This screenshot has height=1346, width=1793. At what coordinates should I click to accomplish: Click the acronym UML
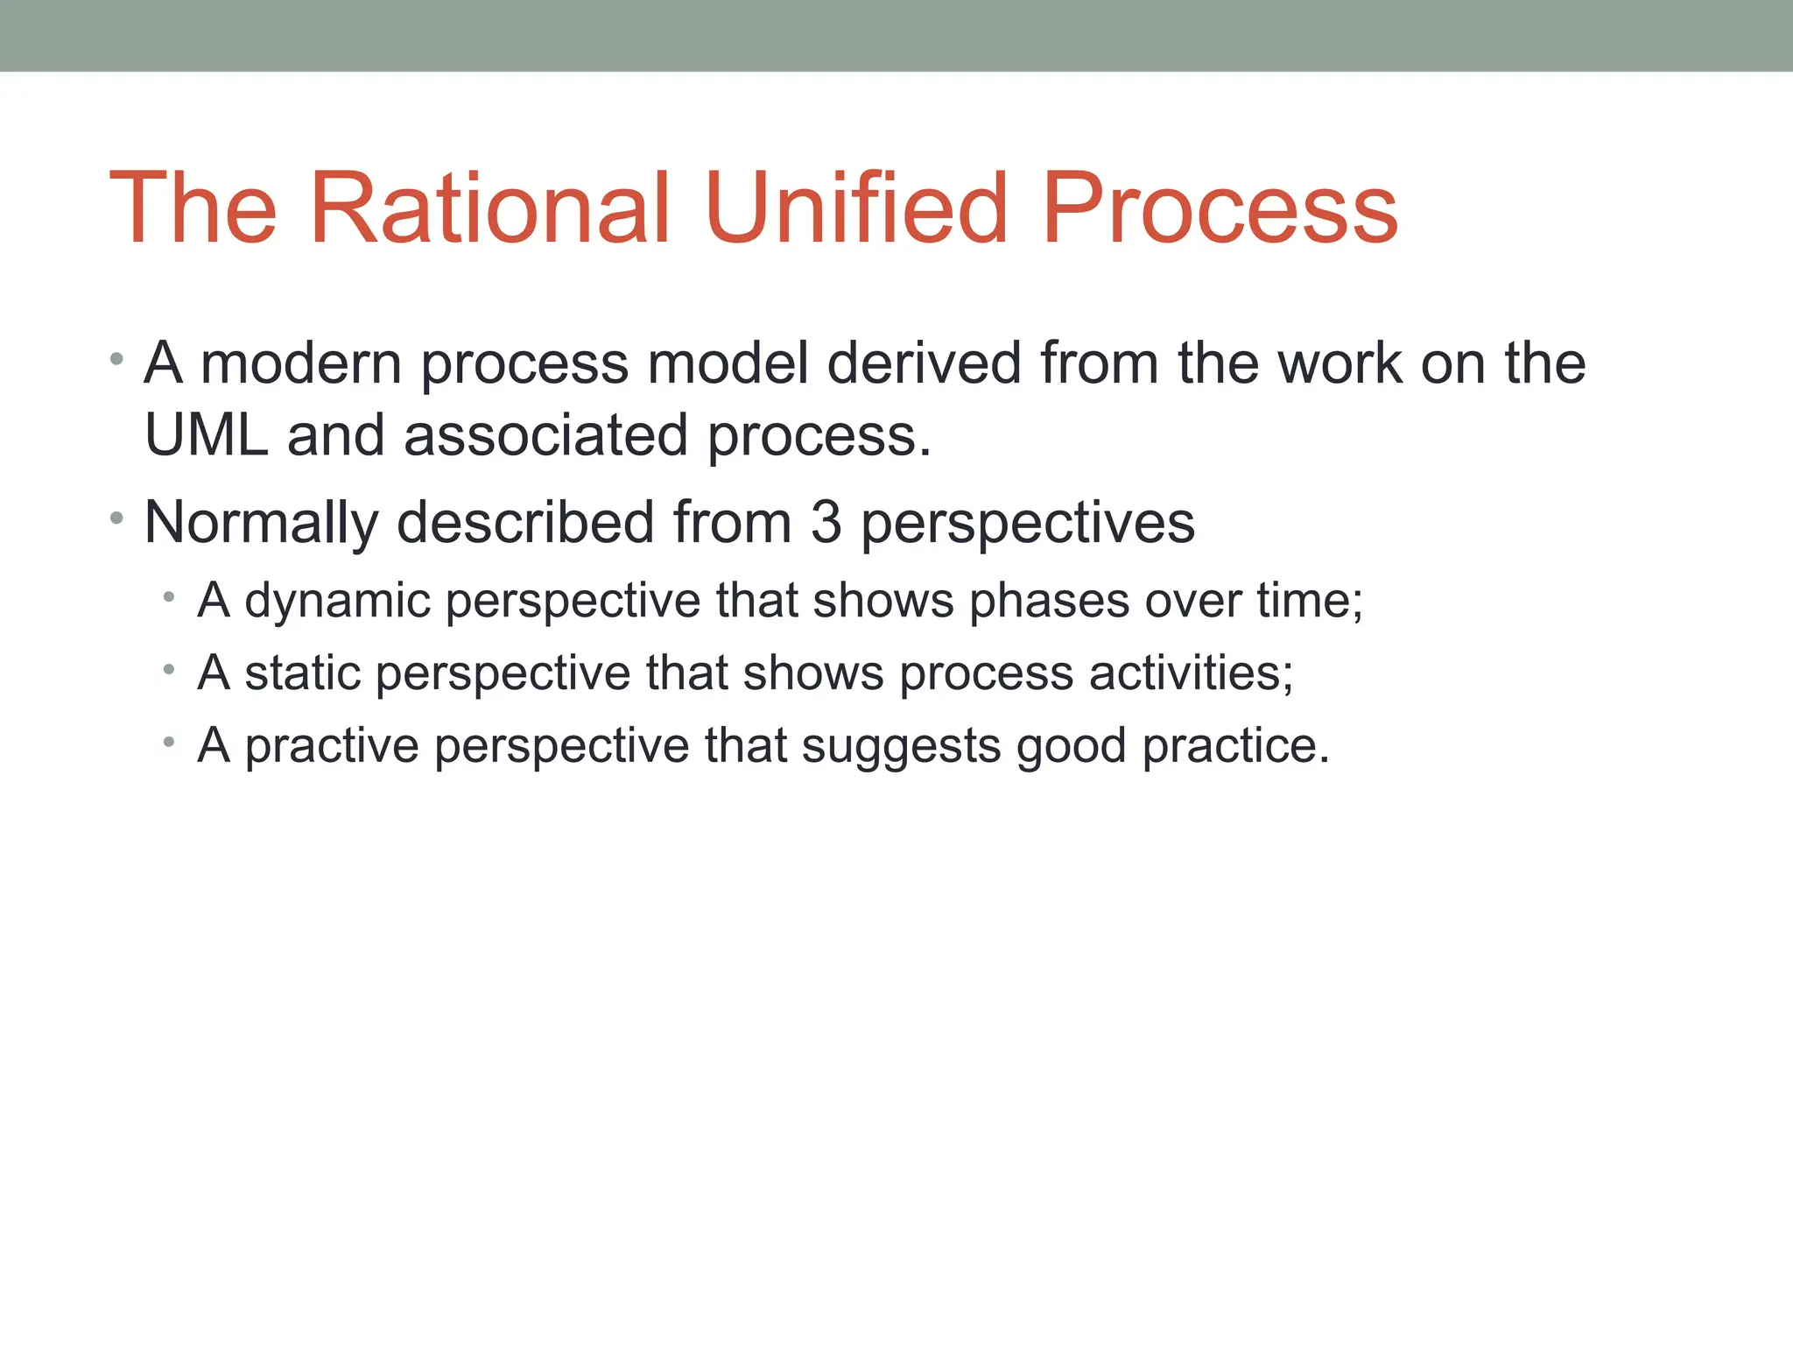click(206, 435)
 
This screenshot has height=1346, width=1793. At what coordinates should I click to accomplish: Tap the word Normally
click(261, 523)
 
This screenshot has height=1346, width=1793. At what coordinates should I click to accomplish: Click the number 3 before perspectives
click(826, 523)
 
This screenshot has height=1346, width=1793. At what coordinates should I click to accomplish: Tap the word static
click(303, 673)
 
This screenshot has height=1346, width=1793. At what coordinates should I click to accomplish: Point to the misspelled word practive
click(332, 746)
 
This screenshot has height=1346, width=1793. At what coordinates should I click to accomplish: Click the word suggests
click(901, 746)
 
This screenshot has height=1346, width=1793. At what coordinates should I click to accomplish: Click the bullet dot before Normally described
click(116, 519)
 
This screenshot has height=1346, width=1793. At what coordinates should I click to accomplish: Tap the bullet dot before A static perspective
click(169, 672)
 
